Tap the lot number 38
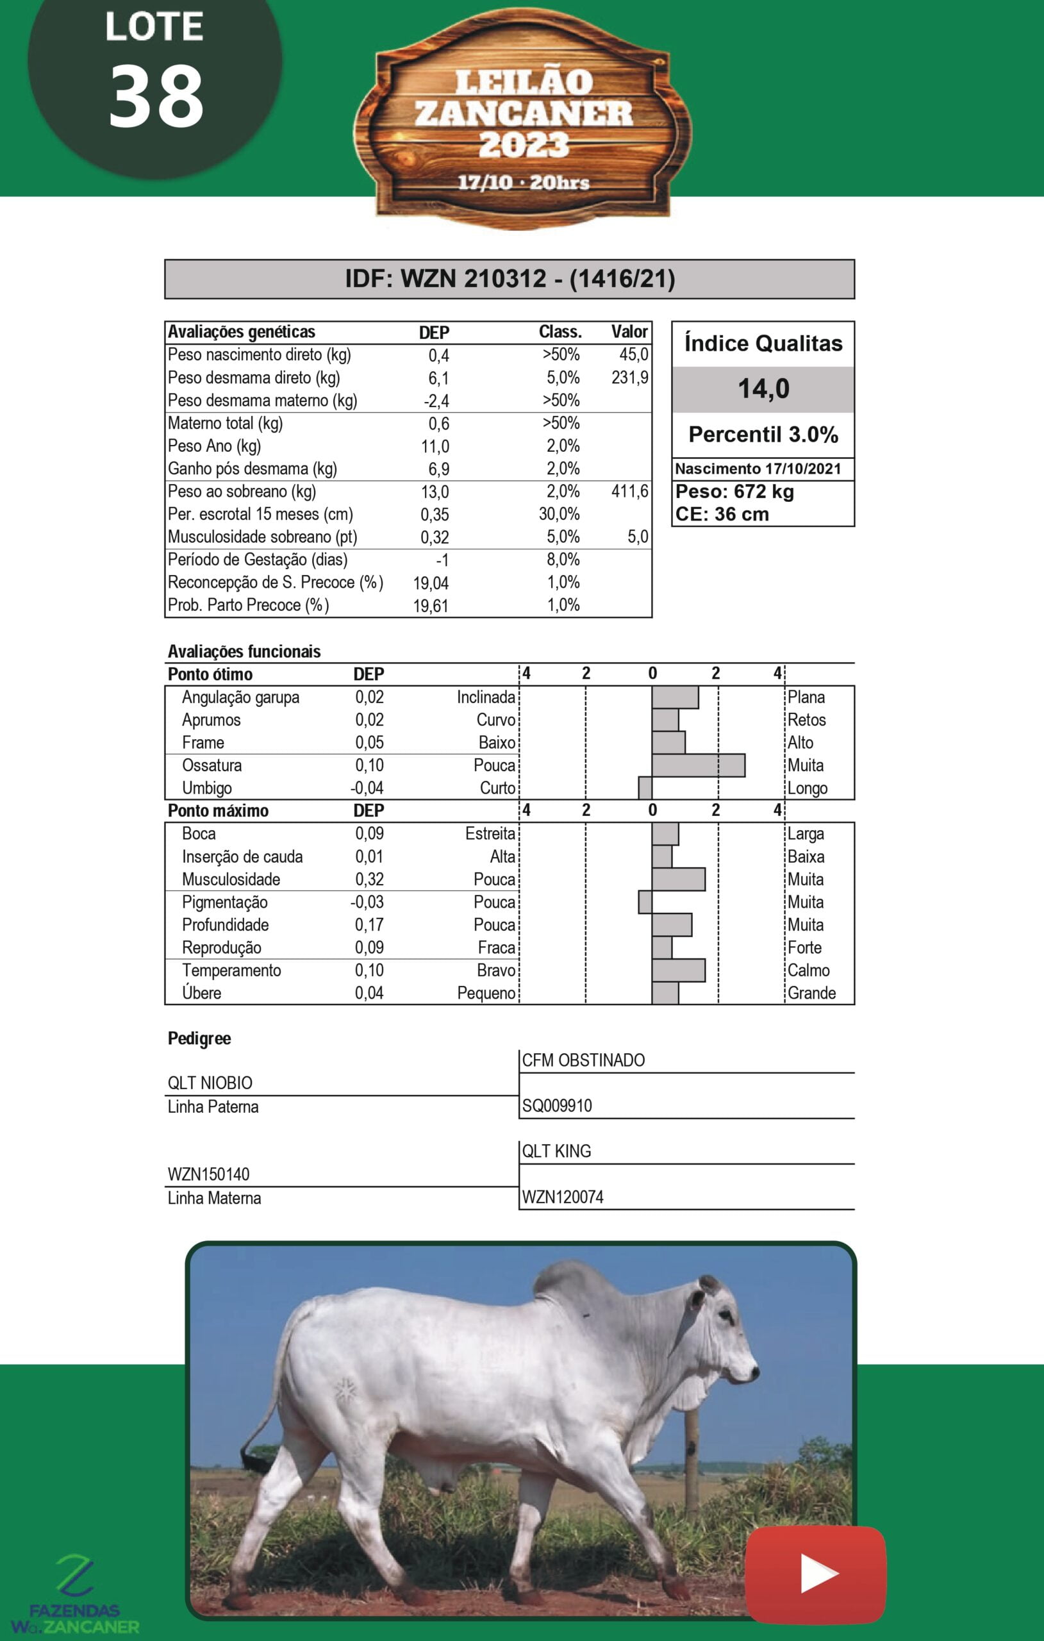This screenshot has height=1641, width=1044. pos(156,97)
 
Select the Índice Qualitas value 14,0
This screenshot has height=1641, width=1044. pos(763,388)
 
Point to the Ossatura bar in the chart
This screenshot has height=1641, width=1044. pos(698,765)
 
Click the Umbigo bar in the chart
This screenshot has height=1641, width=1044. pos(645,788)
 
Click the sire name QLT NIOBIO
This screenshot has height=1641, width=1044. pos(210,1083)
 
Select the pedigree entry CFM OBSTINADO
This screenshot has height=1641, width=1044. pos(583,1060)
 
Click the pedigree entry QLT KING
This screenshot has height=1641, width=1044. pos(556,1151)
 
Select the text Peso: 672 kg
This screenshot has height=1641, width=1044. pos(734,492)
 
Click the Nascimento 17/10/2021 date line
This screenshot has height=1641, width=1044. pos(758,469)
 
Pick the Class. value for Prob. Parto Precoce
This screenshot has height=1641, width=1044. pos(563,605)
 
